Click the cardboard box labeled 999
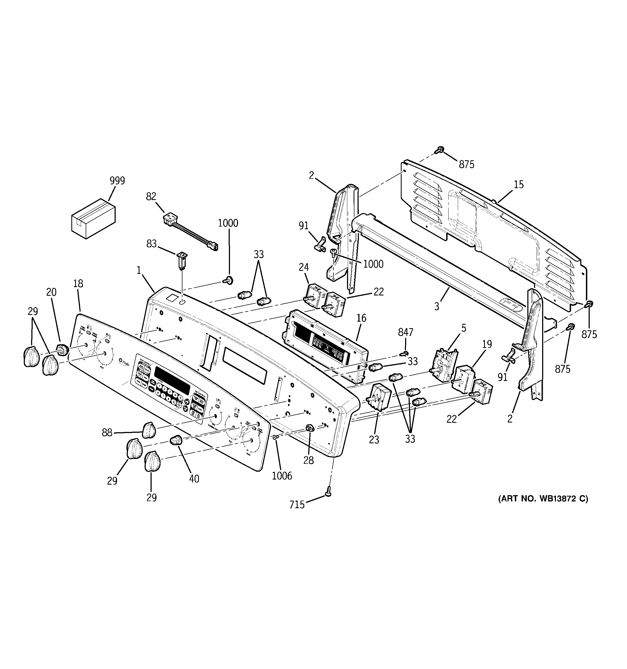tap(93, 219)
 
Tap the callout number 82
tap(151, 196)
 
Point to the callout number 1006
tap(282, 475)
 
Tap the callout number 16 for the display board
tap(361, 318)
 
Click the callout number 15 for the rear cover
tap(519, 184)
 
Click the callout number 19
tap(487, 344)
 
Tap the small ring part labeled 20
tap(62, 350)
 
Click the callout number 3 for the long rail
tap(436, 307)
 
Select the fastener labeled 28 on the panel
tap(309, 428)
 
